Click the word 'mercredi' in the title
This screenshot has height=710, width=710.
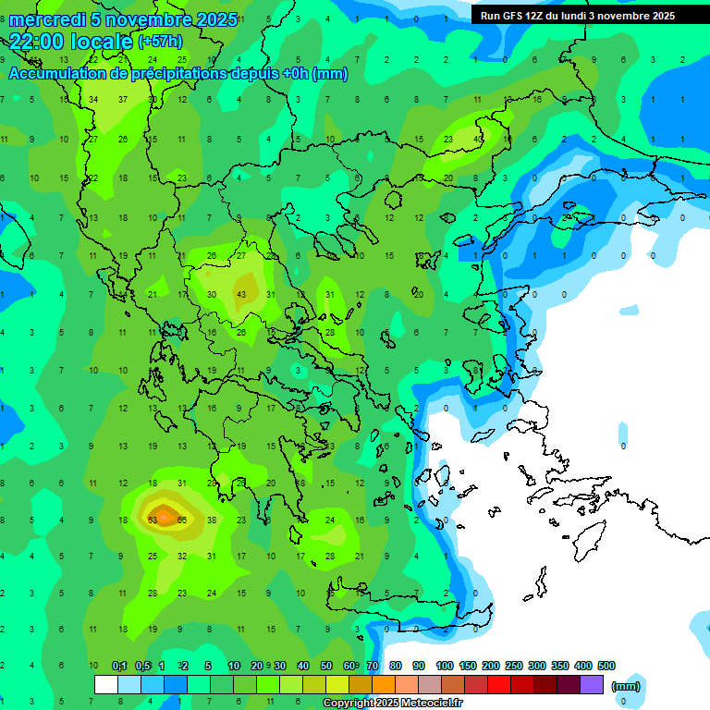47,19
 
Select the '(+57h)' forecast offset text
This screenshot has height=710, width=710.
160,42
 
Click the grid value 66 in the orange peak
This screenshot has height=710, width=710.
182,520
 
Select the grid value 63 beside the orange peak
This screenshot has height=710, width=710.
153,520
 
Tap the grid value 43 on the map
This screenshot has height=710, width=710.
241,294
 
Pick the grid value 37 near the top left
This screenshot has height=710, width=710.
123,99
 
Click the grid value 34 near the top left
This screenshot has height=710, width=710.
93,99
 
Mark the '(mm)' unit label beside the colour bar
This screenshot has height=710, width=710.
626,686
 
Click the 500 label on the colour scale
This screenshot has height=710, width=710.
606,666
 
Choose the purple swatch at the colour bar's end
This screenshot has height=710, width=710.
592,685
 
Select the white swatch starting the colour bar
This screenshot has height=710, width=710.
106,685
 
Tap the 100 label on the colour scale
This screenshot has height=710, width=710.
445,666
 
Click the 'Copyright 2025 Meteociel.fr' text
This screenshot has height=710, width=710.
393,704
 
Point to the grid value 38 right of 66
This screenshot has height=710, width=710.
212,520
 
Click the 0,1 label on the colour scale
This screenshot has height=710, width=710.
119,666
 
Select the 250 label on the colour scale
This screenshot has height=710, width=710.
514,666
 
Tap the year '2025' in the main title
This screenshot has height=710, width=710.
209,19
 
